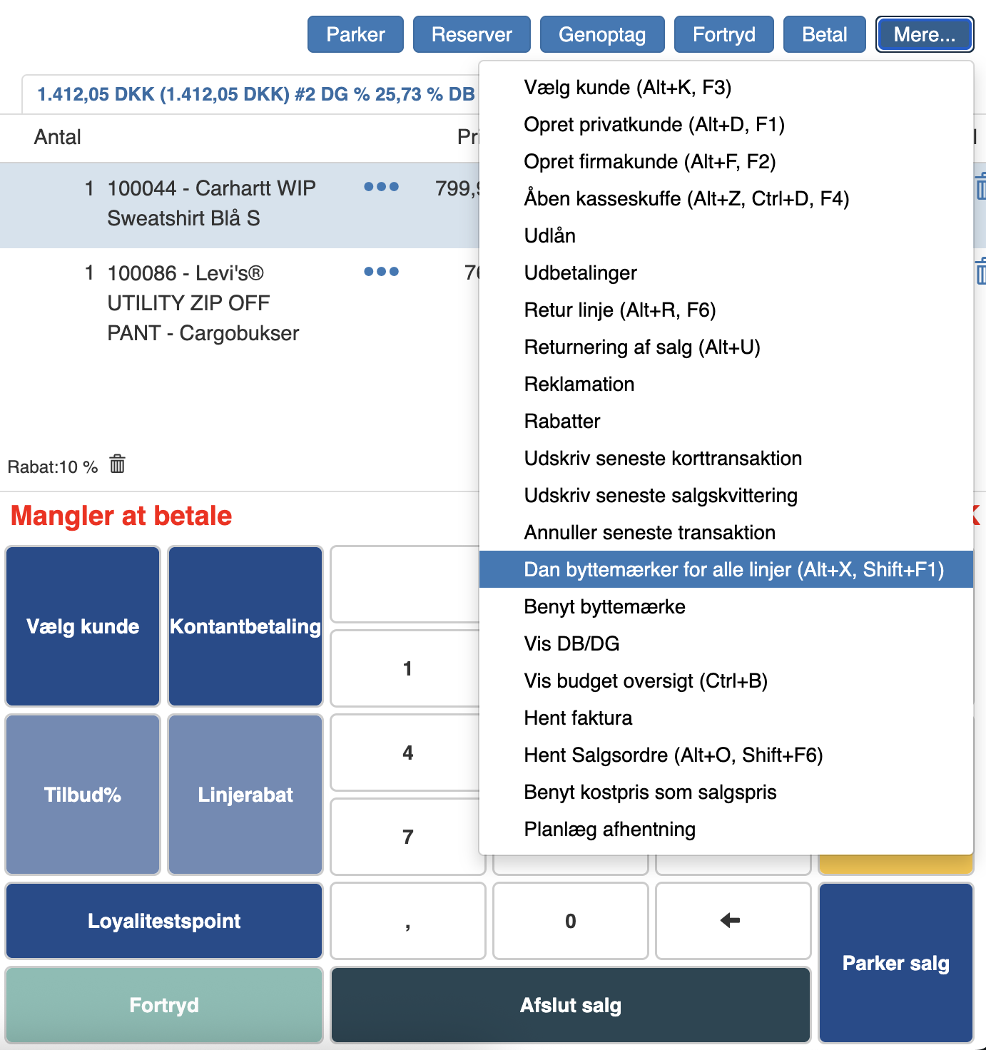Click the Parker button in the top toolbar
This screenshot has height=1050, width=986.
click(355, 34)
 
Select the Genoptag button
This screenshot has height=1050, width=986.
click(602, 34)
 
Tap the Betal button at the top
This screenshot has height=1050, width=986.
click(824, 34)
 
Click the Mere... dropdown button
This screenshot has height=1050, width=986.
click(924, 34)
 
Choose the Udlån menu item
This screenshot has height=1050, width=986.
click(549, 235)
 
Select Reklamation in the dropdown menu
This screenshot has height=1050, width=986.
click(579, 384)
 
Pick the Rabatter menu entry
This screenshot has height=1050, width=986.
click(562, 421)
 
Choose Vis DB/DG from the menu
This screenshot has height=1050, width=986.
click(571, 643)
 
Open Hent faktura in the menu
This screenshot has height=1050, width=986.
click(578, 718)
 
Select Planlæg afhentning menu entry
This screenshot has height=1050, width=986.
click(609, 829)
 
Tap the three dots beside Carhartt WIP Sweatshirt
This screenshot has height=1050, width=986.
click(381, 187)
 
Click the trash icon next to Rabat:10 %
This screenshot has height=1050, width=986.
click(118, 464)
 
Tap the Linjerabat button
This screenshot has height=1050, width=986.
click(245, 795)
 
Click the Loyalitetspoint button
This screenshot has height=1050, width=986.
click(164, 921)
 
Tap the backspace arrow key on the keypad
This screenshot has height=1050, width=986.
click(733, 921)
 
